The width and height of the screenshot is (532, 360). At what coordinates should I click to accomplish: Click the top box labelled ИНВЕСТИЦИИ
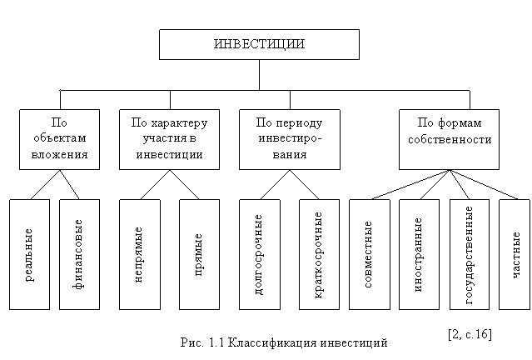coord(259,44)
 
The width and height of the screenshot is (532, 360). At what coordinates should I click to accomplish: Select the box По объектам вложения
coord(59,139)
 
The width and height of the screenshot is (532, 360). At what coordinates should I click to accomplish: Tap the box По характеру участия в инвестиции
coord(169,139)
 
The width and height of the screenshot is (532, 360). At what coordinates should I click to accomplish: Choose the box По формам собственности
coord(450,139)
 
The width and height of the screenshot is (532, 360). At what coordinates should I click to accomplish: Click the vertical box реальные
coord(29,253)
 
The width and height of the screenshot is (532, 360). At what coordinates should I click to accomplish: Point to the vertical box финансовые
coord(79,253)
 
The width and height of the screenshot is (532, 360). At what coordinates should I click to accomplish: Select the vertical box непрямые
coord(139,253)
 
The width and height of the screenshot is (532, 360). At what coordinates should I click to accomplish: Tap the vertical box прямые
coord(199,253)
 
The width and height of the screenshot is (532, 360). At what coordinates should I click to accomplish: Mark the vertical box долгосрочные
coord(259,253)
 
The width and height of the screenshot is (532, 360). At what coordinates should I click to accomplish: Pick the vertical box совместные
coord(367,253)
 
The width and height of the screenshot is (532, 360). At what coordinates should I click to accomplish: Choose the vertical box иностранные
coord(418,253)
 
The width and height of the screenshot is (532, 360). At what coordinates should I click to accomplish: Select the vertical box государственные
coord(468,253)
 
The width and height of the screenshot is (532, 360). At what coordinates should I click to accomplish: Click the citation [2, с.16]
coord(469,334)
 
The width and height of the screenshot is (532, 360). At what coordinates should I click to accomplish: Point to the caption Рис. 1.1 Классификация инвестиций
coord(283,342)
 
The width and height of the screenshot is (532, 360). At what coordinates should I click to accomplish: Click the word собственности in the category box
coord(450,140)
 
